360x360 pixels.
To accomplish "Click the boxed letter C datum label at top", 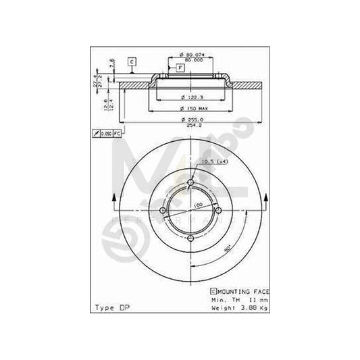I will pyautogui.click(x=132, y=61).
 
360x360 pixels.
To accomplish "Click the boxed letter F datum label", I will pyautogui.click(x=181, y=68).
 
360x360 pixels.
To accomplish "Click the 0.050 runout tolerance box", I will pyautogui.click(x=106, y=134).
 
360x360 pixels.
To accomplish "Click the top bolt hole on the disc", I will pyautogui.click(x=191, y=183).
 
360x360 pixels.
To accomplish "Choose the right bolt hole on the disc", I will pyautogui.click(x=219, y=211).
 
